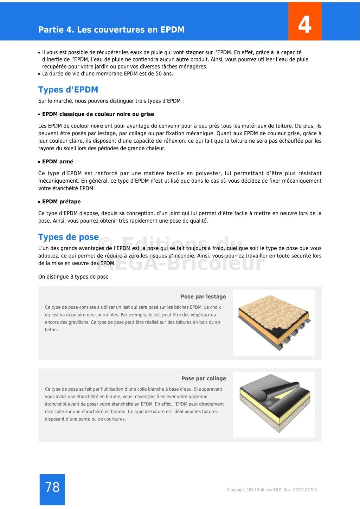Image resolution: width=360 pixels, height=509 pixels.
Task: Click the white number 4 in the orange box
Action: [305, 24]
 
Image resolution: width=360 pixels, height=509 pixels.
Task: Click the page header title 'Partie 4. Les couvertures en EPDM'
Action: [111, 30]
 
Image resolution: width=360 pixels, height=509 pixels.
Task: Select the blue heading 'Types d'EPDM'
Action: [68, 90]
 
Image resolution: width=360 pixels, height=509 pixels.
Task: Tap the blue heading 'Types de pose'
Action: [69, 237]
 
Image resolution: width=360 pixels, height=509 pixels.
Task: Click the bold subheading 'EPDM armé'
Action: [58, 162]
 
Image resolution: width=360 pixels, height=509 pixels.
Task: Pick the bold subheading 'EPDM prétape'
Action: [61, 202]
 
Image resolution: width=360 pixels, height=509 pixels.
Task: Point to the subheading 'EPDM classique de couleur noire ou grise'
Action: [98, 114]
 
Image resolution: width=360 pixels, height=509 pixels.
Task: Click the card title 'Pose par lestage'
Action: [203, 296]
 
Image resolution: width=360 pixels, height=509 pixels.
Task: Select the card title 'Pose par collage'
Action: [204, 378]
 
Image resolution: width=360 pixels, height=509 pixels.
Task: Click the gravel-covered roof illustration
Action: [274, 322]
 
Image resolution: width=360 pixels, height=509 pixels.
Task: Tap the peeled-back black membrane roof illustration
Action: [274, 404]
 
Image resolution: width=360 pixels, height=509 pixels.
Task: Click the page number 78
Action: [52, 487]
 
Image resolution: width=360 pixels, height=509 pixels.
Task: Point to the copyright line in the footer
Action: [272, 490]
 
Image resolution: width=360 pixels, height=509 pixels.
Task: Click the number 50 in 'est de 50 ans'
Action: [159, 74]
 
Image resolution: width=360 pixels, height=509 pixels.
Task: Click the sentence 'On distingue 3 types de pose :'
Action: [75, 277]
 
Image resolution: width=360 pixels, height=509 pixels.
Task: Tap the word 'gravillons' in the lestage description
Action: [77, 322]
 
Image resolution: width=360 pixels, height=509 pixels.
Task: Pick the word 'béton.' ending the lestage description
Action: [51, 330]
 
